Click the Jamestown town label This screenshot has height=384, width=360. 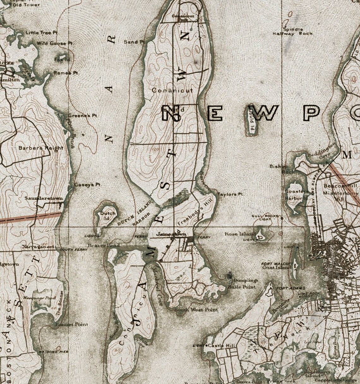coord(169,234)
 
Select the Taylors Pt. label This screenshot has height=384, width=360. coord(231,194)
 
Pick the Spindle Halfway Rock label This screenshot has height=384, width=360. coord(293,31)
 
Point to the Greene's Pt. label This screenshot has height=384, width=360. coord(83,115)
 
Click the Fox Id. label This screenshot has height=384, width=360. coord(62,59)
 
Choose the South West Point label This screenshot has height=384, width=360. coord(196,310)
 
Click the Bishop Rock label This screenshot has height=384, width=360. coord(278,169)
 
